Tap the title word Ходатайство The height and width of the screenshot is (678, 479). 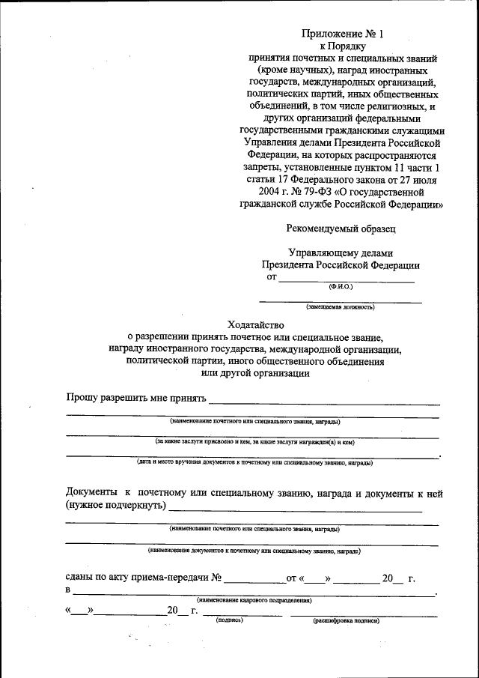pos(256,324)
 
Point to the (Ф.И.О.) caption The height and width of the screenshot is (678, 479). pos(341,286)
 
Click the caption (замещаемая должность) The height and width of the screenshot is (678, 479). pos(340,306)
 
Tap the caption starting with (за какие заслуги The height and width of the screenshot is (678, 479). pos(254,442)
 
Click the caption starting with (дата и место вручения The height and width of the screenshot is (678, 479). pos(254,462)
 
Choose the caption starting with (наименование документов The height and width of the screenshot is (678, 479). pos(254,551)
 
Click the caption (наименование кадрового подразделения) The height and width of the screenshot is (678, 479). pos(254,601)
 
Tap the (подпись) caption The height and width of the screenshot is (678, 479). pos(229,620)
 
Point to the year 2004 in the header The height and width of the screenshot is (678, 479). pos(251,191)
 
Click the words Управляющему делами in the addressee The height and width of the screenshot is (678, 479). pos(341,252)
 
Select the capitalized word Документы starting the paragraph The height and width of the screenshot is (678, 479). pos(91,492)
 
